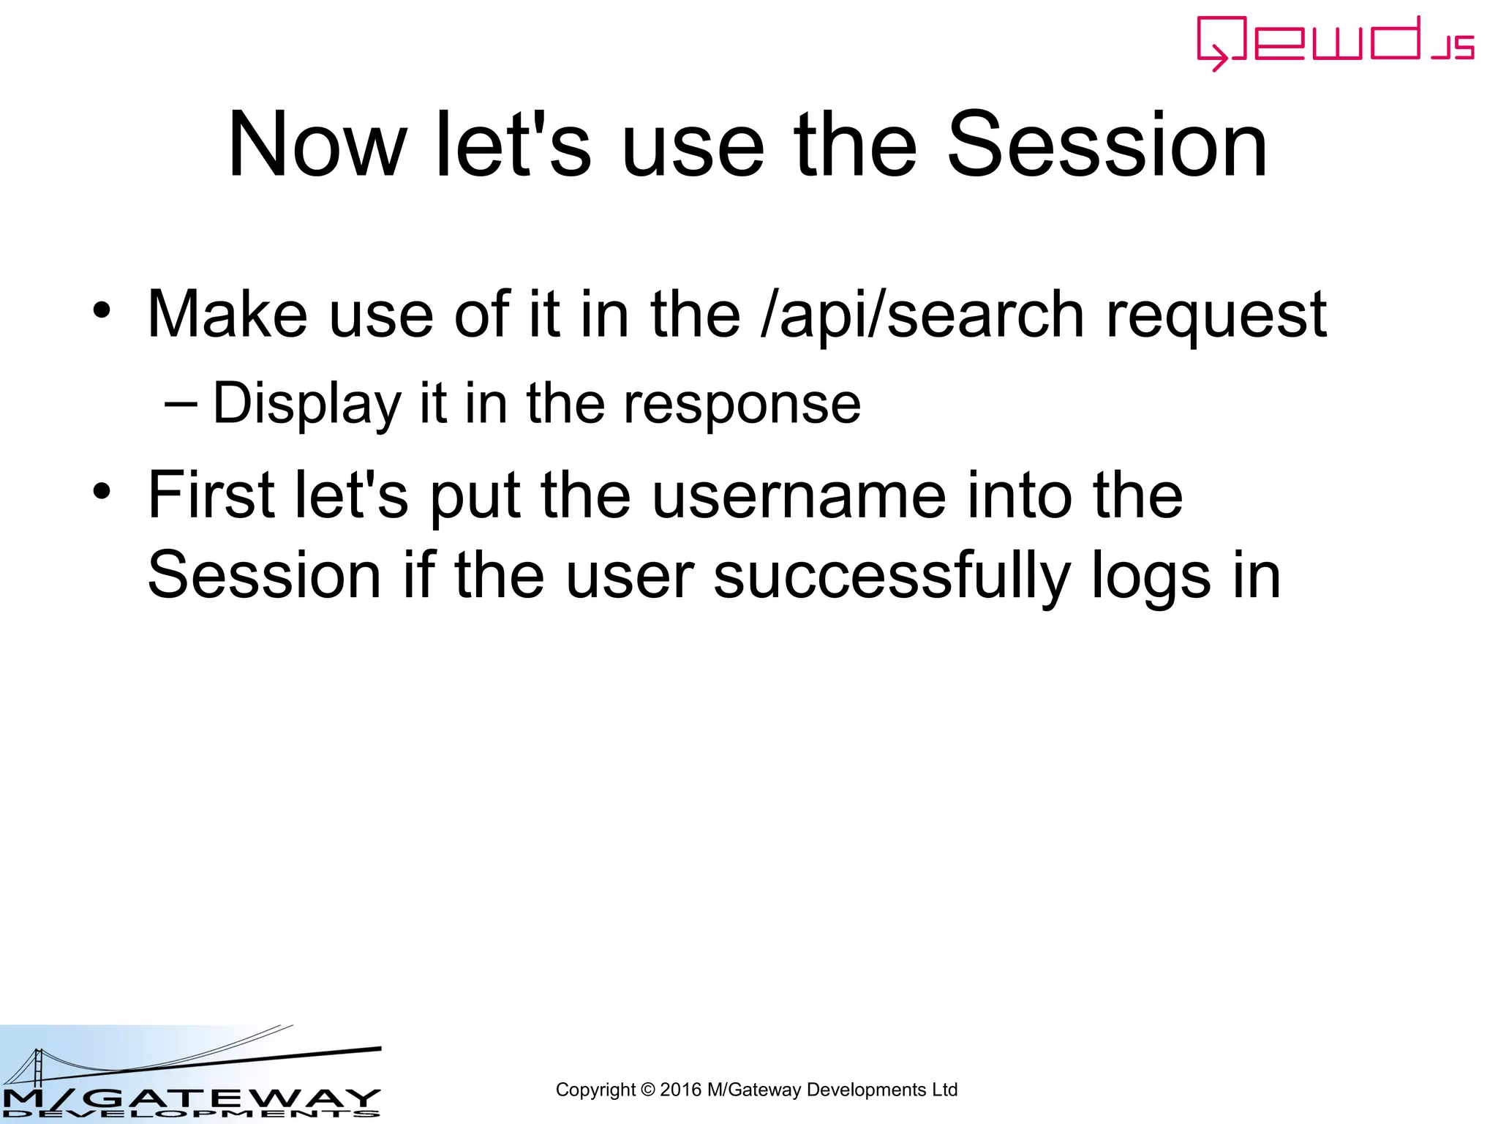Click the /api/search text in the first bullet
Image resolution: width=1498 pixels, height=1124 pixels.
(x=923, y=315)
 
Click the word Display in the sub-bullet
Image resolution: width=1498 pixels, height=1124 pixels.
(x=306, y=404)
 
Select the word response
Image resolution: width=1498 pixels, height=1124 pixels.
(x=742, y=404)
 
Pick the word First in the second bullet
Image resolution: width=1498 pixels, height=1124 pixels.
(x=211, y=495)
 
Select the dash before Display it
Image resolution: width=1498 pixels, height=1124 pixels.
(x=181, y=403)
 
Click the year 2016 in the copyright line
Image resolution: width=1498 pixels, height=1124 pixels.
(x=680, y=1090)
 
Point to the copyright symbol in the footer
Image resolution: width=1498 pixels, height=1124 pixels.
(x=647, y=1090)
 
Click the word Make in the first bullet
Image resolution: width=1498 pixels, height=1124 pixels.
(x=227, y=315)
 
